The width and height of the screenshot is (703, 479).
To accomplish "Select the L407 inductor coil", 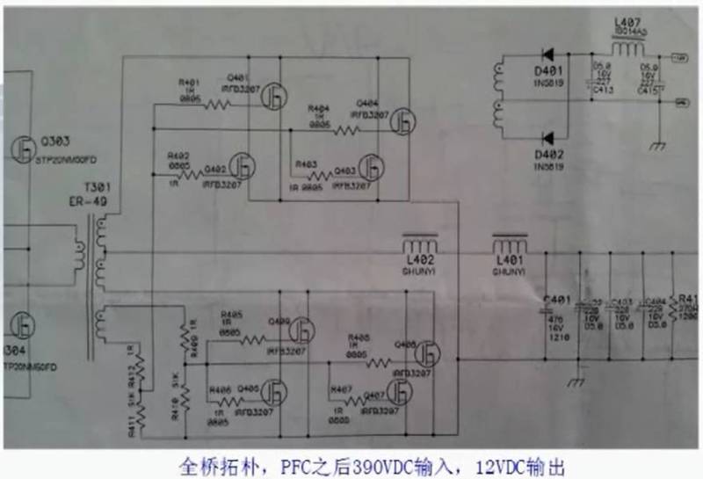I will [x=627, y=47].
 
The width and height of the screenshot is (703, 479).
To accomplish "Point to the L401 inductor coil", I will [x=511, y=245].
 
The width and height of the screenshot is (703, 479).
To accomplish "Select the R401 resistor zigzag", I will [x=216, y=105].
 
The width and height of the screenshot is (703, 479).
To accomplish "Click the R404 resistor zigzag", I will [x=346, y=130].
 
